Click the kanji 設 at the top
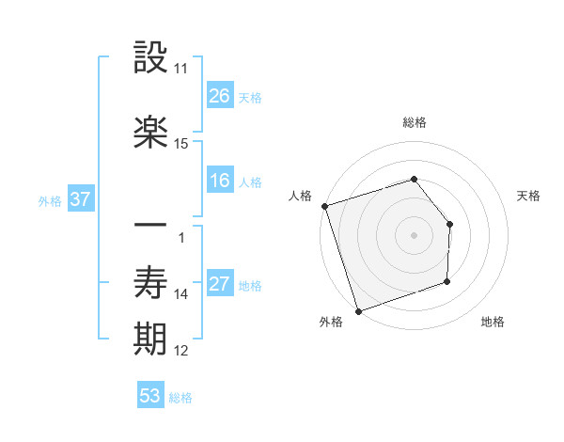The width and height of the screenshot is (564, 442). (151, 58)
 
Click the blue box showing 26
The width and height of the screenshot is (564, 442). (220, 95)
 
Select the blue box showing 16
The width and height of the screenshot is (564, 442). (220, 181)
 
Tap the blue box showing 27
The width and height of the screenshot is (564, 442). (220, 284)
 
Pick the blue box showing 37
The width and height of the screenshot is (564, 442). (79, 199)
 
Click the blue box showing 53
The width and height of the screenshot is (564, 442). (150, 396)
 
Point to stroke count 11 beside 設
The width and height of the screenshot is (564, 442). (180, 69)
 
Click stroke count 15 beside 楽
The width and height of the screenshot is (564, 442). (180, 144)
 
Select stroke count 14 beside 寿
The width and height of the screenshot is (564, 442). (180, 294)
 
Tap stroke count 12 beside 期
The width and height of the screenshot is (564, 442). (180, 351)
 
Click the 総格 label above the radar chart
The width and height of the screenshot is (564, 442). (414, 122)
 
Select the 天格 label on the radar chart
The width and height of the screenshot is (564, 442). (528, 196)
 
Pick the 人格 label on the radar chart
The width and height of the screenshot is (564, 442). (300, 196)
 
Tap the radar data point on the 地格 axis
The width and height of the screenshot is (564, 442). (447, 281)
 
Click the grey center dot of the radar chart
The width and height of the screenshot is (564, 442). (414, 234)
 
